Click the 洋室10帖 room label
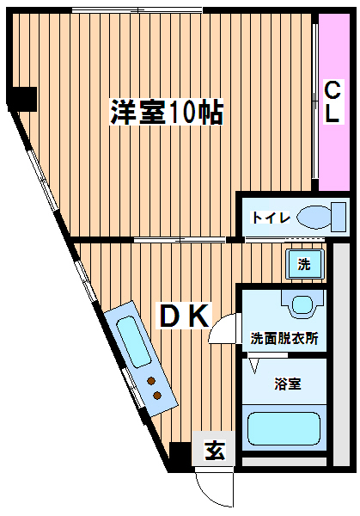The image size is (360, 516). pos(167,112)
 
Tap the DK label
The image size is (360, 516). pos(185,316)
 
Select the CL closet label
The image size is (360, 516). pos(332,101)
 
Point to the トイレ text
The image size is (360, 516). pos(271,218)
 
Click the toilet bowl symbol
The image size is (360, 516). pos(314,217)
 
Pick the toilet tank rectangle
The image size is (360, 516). pos(339,217)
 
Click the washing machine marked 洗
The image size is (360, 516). pos(305,264)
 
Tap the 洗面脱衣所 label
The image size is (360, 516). pos(284,338)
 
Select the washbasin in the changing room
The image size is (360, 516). pos(302,304)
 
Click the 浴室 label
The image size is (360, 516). pos(288,384)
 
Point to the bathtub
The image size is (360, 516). pos(284,429)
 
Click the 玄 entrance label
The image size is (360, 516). pos(215,450)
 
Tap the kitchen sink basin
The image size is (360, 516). pos(133,341)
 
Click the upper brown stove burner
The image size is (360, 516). pos(151,381)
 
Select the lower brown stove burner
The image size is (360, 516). pos(157,395)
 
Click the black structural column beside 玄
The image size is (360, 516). pos(180,453)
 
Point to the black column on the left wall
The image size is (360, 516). pos(22,99)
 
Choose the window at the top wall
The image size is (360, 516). pos(137,11)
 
